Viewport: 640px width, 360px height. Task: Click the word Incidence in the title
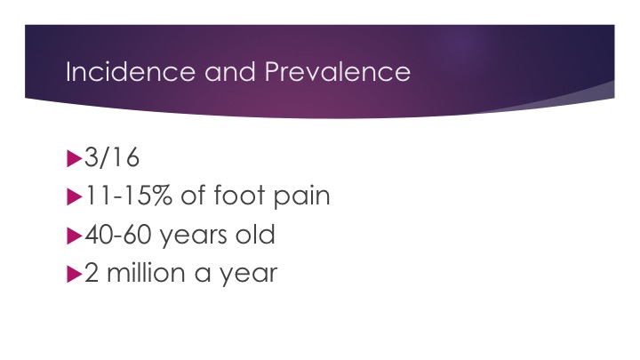click(x=131, y=71)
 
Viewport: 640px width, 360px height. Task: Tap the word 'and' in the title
click(x=230, y=71)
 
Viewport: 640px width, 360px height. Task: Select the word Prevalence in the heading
click(x=338, y=71)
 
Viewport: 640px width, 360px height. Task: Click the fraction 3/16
click(x=112, y=157)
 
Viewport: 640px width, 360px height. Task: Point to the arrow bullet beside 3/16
click(x=75, y=158)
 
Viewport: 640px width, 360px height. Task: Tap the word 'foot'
click(x=240, y=195)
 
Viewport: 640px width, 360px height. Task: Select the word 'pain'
click(x=301, y=197)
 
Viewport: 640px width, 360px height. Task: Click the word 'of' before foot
click(x=194, y=195)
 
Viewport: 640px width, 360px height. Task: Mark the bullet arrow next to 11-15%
click(x=75, y=196)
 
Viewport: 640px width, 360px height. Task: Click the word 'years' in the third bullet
click(x=193, y=236)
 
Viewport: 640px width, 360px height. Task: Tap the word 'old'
click(x=255, y=235)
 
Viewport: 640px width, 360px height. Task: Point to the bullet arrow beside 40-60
click(x=75, y=236)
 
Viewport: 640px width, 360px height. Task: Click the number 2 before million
click(x=92, y=273)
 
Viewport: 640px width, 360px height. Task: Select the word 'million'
click(x=146, y=272)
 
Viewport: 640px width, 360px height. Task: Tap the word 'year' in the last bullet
click(x=249, y=275)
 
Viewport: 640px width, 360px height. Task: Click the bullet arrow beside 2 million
click(x=75, y=274)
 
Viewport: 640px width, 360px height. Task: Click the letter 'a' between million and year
click(x=203, y=274)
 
